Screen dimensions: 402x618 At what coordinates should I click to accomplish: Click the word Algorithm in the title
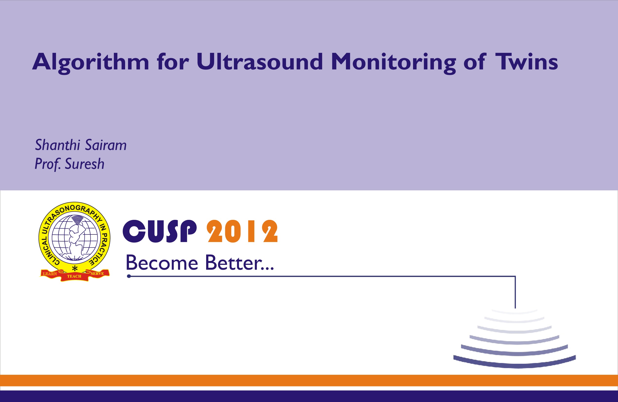pos(90,62)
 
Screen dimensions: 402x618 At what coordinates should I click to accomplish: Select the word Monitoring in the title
pos(393,62)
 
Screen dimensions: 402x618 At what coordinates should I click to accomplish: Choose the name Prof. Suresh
pos(70,164)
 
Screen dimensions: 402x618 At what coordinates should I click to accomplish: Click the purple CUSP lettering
pos(159,231)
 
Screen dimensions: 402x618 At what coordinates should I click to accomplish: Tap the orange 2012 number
pos(242,231)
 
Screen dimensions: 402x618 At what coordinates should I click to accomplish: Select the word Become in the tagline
pos(162,263)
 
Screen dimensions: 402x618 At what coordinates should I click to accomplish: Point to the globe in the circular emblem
pos(75,237)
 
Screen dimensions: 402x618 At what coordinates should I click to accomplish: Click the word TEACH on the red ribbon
pos(74,277)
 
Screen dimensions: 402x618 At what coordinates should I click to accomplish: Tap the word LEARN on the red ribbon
pos(50,274)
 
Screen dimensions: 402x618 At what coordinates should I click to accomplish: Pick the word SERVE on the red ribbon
pos(97,274)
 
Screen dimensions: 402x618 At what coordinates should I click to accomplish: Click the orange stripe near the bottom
pos(309,380)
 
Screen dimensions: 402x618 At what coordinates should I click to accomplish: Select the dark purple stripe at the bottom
pos(309,396)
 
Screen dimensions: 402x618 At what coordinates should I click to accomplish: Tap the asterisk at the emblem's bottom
pos(75,268)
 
